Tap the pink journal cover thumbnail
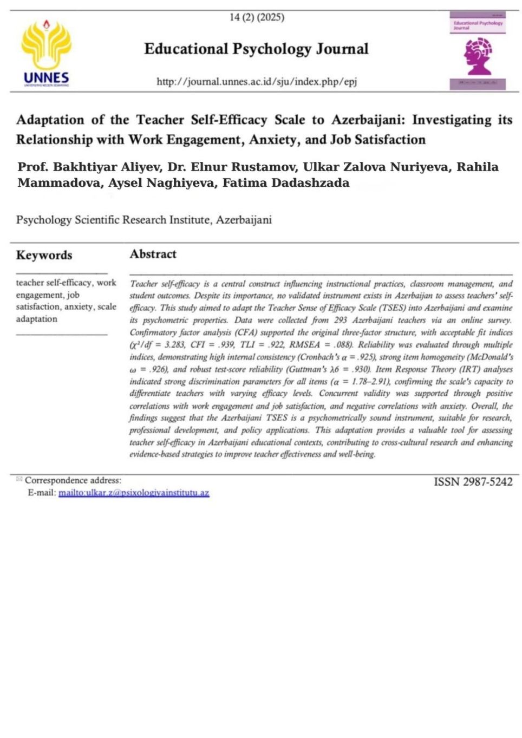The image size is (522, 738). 478,51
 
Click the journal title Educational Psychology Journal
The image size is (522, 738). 256,49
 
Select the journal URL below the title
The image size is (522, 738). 257,82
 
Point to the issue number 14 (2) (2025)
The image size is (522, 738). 257,17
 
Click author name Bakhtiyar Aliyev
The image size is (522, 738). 108,167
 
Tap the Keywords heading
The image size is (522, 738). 44,255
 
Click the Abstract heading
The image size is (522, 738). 153,254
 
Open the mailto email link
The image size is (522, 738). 134,493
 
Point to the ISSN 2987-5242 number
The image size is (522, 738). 473,481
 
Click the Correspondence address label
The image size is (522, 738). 73,480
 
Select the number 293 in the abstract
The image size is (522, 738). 341,320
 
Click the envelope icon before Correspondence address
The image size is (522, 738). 19,479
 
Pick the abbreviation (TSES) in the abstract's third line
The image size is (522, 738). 393,308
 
